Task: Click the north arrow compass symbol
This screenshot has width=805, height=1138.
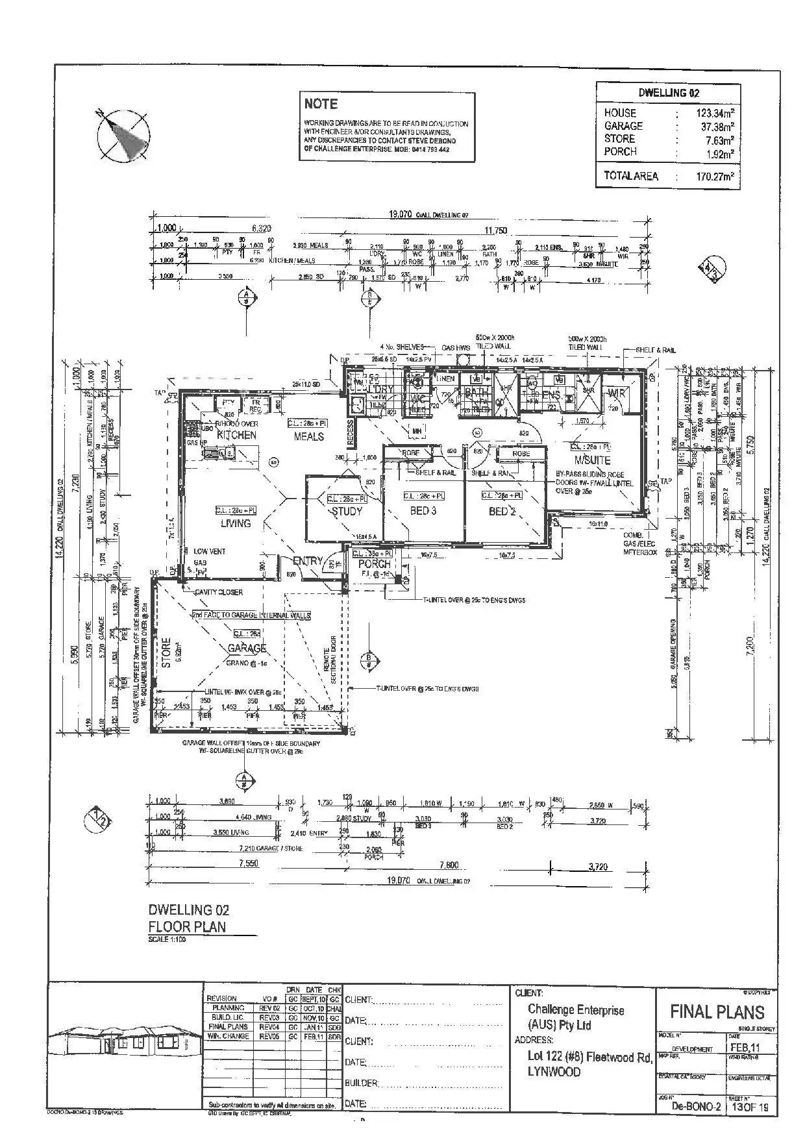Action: [x=123, y=135]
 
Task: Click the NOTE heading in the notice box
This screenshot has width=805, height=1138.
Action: [x=321, y=104]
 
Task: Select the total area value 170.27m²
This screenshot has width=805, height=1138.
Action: [x=714, y=176]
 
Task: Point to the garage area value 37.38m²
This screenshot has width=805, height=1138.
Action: [x=715, y=127]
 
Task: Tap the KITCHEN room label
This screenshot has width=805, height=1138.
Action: [x=236, y=435]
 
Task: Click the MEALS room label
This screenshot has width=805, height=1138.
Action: [x=308, y=436]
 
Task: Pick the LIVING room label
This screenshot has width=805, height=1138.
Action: [x=235, y=523]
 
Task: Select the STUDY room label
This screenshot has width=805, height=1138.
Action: [x=347, y=511]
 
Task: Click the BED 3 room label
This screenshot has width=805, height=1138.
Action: [x=423, y=511]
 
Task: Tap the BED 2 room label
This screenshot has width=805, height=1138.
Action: [x=501, y=511]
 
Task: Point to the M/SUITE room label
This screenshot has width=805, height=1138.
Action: [x=593, y=460]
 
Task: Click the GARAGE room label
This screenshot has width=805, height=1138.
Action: [x=247, y=648]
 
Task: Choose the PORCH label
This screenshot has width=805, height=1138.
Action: [x=375, y=564]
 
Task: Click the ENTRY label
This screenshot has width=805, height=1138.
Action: [x=307, y=560]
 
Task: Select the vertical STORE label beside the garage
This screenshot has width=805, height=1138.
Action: [x=166, y=652]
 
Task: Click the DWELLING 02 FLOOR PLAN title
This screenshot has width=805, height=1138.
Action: [x=188, y=918]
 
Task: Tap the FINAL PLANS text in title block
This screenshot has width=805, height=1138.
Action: [x=717, y=1011]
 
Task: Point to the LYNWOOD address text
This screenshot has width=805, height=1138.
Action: [x=554, y=1072]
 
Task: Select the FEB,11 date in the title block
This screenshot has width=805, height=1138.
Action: [x=745, y=1048]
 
